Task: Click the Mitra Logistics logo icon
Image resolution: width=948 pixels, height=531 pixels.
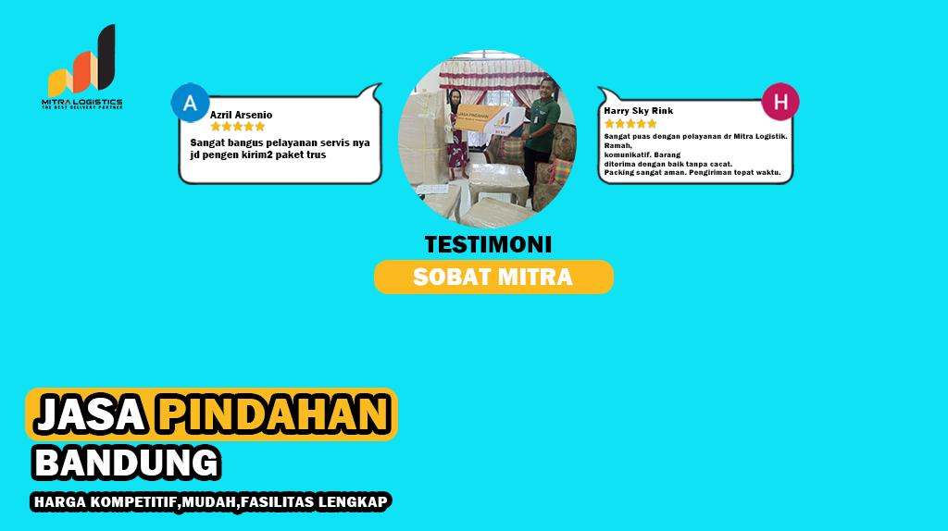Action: pos(83,63)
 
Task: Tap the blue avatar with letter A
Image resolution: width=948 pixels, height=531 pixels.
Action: pos(191,103)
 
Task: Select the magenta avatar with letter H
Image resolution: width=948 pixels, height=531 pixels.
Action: pos(780,102)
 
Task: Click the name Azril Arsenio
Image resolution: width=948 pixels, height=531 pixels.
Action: pos(241,115)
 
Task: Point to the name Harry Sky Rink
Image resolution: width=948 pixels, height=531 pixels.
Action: pos(638,111)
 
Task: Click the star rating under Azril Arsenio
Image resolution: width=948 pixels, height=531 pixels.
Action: pos(238,127)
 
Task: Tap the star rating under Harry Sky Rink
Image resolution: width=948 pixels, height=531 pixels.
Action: pos(632,123)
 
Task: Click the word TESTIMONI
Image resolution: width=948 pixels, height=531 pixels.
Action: pos(488,245)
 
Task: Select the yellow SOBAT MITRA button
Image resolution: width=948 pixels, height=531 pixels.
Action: pos(493,277)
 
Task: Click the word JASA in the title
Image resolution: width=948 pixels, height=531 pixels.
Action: pos(90,414)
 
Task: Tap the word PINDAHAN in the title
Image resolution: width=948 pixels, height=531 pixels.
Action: pos(272,414)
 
